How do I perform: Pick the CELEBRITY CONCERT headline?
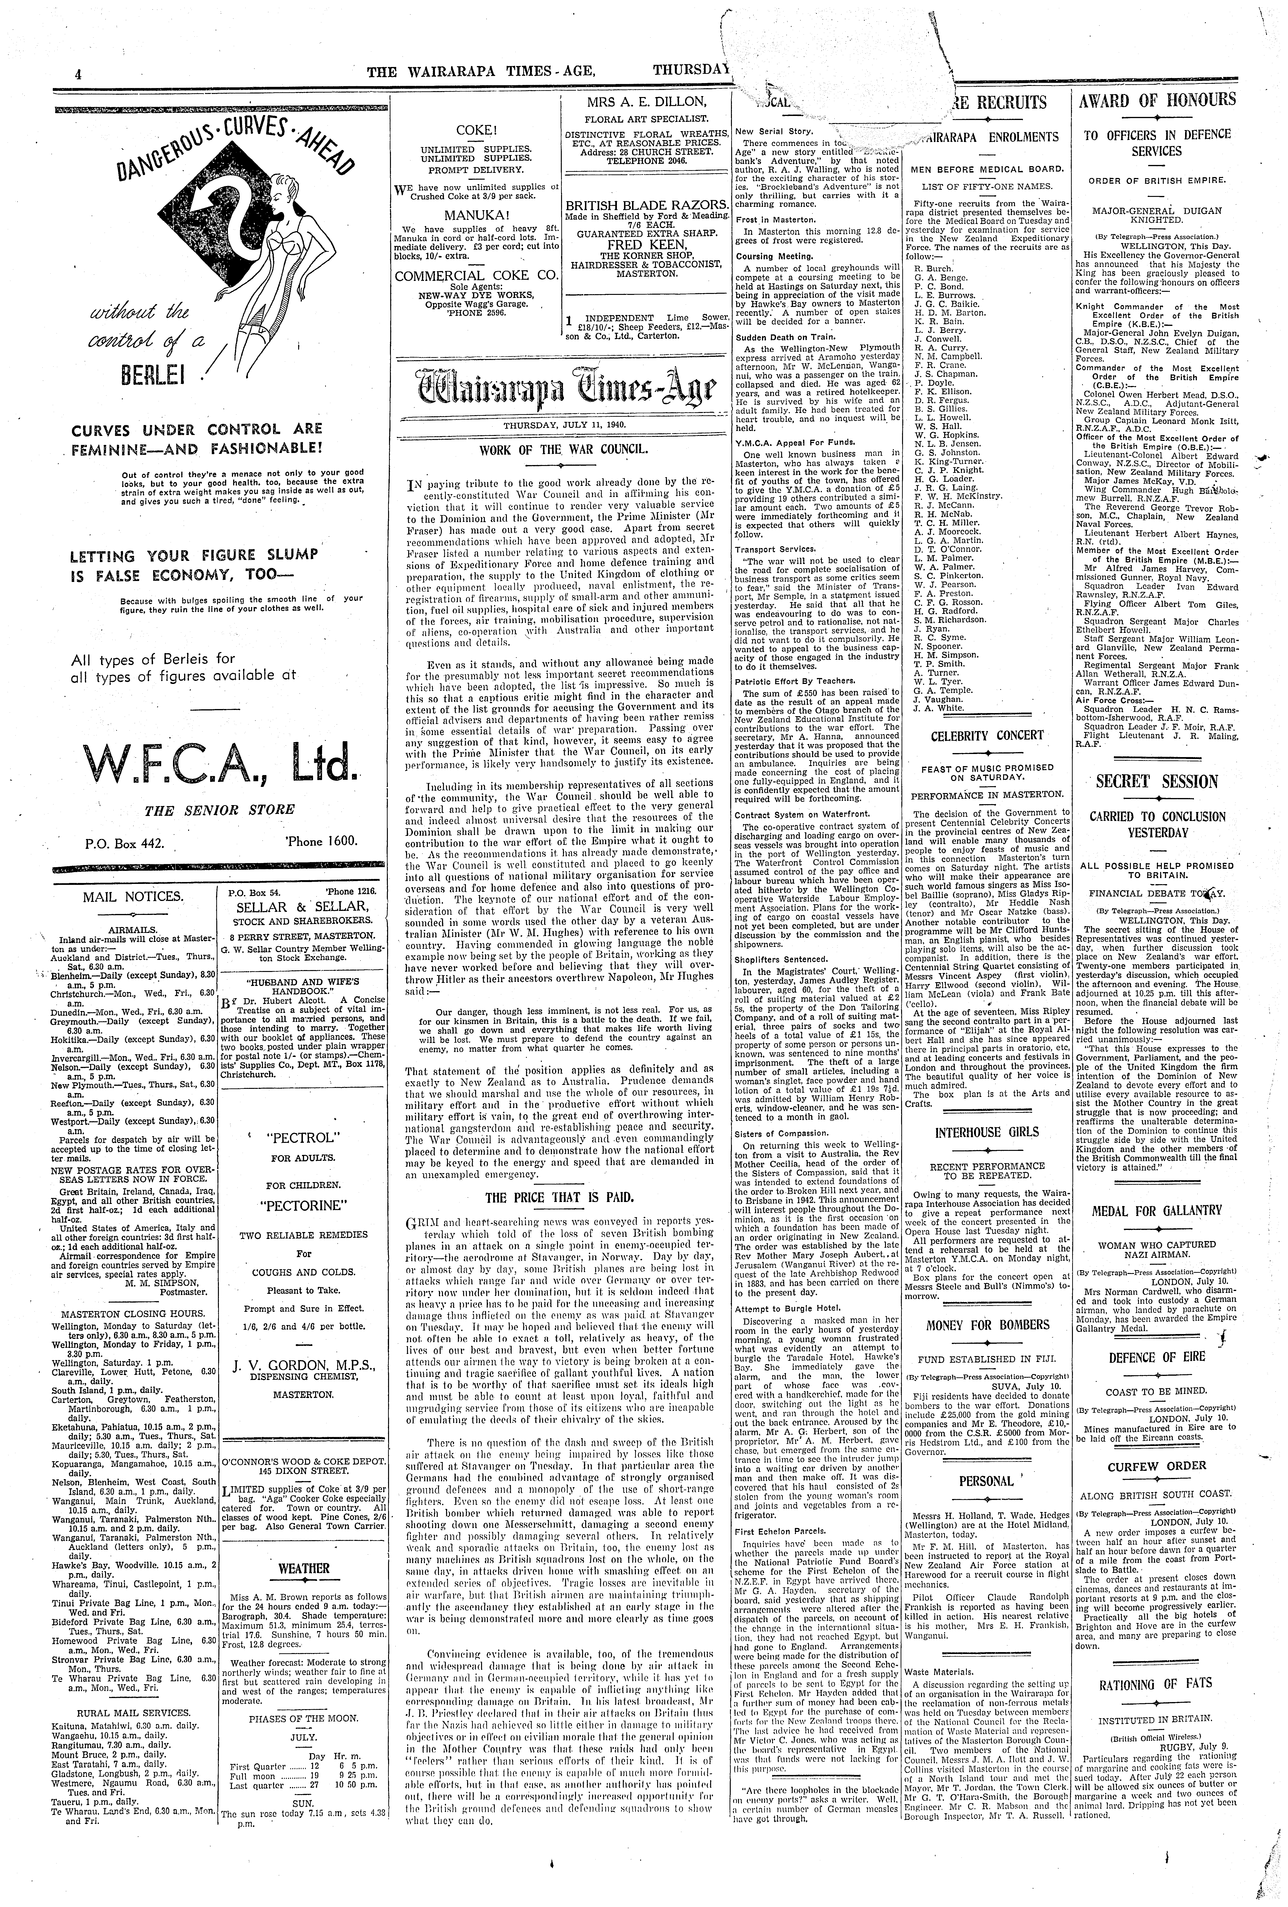click(x=987, y=735)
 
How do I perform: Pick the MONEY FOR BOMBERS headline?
click(x=987, y=1324)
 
